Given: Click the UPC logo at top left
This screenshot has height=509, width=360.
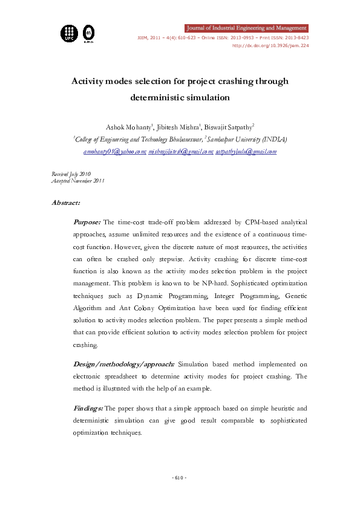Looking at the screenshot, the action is coord(68,33).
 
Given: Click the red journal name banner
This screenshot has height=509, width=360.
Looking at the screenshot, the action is coord(246,28).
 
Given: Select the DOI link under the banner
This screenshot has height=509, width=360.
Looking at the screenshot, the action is coord(270,45).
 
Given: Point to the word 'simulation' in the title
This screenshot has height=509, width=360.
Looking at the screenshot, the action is coord(203,97).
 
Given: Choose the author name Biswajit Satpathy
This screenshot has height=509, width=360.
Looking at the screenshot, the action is coord(229,127).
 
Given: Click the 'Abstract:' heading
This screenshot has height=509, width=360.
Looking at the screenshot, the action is coord(66,203).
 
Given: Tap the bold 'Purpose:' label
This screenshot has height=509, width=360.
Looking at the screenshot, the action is coord(87,223).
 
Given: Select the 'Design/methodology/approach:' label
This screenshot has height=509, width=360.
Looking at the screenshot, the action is coord(123,364).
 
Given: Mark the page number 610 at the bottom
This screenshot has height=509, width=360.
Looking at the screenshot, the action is coord(180,478).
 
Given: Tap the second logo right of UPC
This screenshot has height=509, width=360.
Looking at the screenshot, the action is coord(88,33).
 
